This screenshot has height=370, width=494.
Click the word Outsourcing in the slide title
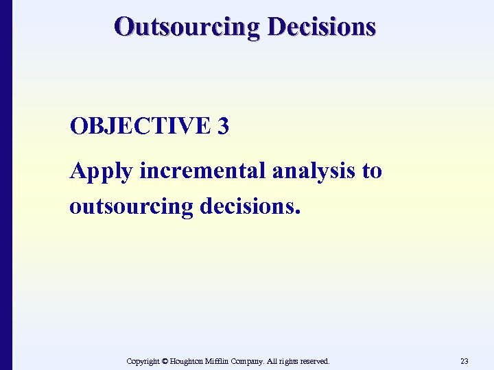click(187, 27)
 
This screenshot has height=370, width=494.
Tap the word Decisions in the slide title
click(322, 27)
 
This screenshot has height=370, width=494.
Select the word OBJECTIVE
click(137, 126)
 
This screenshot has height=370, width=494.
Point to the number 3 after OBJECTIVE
click(222, 126)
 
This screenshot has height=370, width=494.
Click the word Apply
click(101, 171)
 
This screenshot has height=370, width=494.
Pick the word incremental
click(202, 171)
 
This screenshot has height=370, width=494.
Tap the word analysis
click(314, 171)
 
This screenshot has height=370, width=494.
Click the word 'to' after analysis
click(371, 171)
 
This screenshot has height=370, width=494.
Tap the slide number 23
click(464, 361)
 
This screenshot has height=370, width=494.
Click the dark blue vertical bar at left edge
click(5, 185)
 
